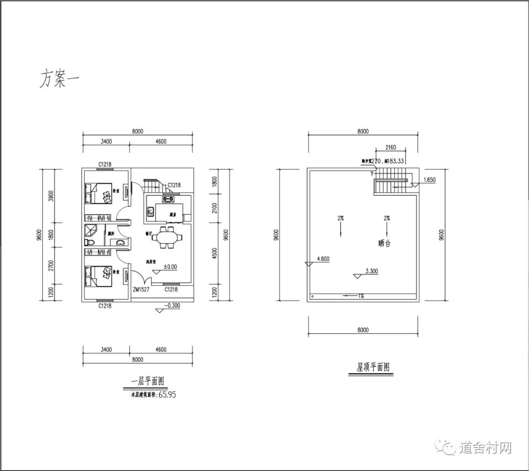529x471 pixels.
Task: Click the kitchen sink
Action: tap(151, 212)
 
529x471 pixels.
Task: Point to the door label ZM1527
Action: tap(141, 290)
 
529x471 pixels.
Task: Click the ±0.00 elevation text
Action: tap(169, 267)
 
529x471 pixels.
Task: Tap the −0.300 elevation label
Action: tap(172, 305)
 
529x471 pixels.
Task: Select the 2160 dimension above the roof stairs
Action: tap(390, 147)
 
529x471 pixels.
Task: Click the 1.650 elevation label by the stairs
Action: tap(428, 180)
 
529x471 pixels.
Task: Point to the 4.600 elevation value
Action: tap(323, 259)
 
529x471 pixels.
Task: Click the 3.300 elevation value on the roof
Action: tap(372, 271)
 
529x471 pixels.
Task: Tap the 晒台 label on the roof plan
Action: tap(385, 243)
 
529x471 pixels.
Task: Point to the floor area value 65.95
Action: tap(167, 394)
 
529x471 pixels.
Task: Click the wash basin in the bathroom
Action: tap(120, 242)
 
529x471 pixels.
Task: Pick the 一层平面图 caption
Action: tap(147, 382)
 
